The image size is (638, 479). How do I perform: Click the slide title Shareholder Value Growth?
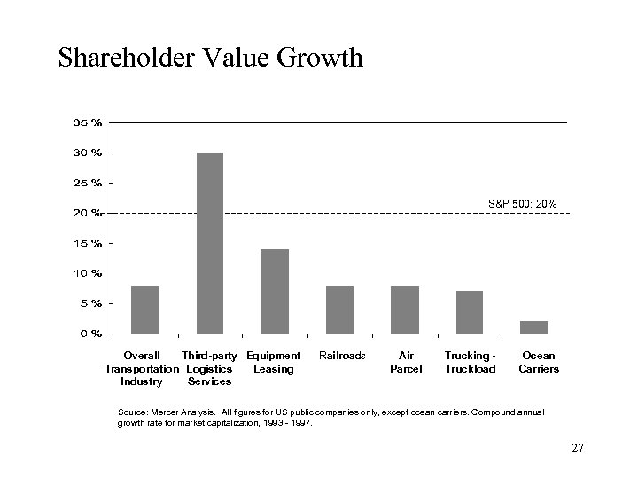pyautogui.click(x=210, y=59)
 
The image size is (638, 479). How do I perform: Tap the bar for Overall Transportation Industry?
pyautogui.click(x=144, y=309)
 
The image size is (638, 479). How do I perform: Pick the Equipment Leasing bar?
pyautogui.click(x=275, y=291)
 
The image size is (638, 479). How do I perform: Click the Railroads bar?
pyautogui.click(x=339, y=309)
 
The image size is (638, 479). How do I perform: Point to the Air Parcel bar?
pyautogui.click(x=405, y=309)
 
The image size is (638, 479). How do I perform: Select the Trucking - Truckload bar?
pyautogui.click(x=470, y=311)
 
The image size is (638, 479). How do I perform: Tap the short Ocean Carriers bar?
pyautogui.click(x=534, y=326)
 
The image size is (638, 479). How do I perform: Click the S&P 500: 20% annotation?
pyautogui.click(x=522, y=204)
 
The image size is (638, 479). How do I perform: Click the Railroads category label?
pyautogui.click(x=341, y=356)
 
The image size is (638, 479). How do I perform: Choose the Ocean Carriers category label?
pyautogui.click(x=539, y=362)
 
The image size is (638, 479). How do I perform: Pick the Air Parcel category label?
pyautogui.click(x=406, y=362)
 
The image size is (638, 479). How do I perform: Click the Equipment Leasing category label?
pyautogui.click(x=274, y=362)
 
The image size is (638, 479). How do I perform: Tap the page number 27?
pyautogui.click(x=577, y=448)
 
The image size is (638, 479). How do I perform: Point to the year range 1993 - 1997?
pyautogui.click(x=288, y=424)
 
